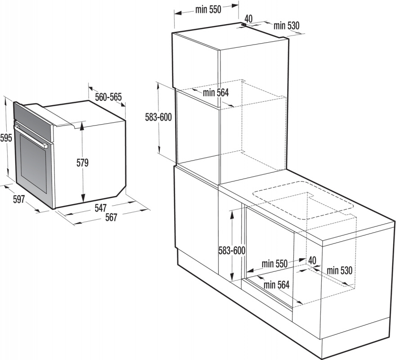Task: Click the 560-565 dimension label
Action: (108, 97)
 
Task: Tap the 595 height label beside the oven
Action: (6, 138)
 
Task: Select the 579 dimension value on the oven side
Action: (83, 163)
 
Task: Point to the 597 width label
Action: (19, 199)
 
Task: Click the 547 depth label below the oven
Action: (100, 208)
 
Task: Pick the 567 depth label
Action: (111, 217)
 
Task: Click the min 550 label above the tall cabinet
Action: (208, 9)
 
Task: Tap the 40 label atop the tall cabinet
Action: (248, 18)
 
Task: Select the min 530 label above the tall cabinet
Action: (287, 26)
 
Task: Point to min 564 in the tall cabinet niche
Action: (216, 93)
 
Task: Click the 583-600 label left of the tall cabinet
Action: (158, 117)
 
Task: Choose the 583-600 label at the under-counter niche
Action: (232, 251)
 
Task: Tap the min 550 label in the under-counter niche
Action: (274, 264)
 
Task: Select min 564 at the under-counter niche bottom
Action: (276, 285)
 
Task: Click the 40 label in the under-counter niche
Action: (312, 260)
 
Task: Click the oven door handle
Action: (31, 136)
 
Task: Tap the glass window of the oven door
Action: (33, 163)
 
